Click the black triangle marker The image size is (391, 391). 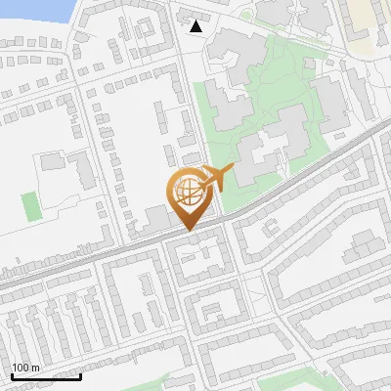click(x=196, y=26)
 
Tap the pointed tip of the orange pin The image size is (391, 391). click(x=187, y=231)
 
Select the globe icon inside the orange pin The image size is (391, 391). click(x=186, y=192)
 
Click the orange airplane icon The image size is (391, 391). click(x=216, y=180)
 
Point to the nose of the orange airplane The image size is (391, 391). click(x=234, y=170)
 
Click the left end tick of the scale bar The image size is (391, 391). click(x=12, y=375)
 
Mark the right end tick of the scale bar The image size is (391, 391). click(x=80, y=375)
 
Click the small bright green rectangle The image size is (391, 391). click(x=30, y=206)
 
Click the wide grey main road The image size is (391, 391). click(x=293, y=186)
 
